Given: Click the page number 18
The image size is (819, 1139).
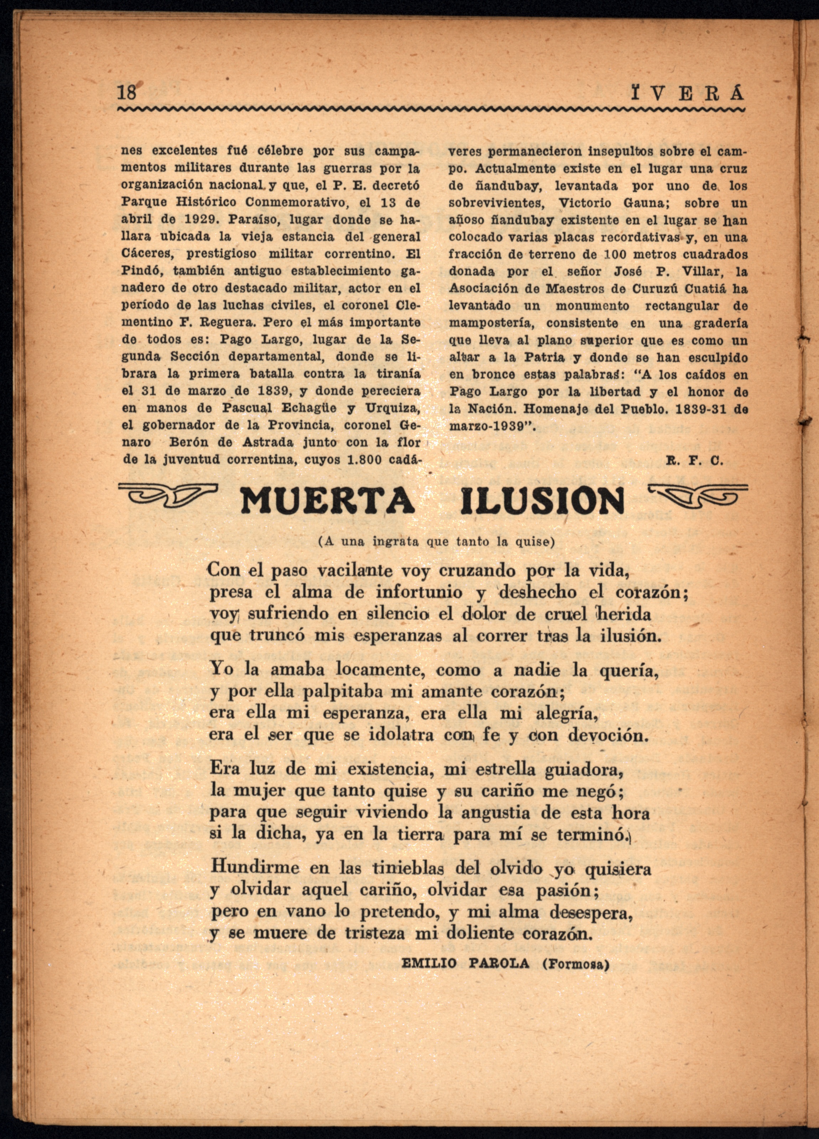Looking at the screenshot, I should tap(127, 93).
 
